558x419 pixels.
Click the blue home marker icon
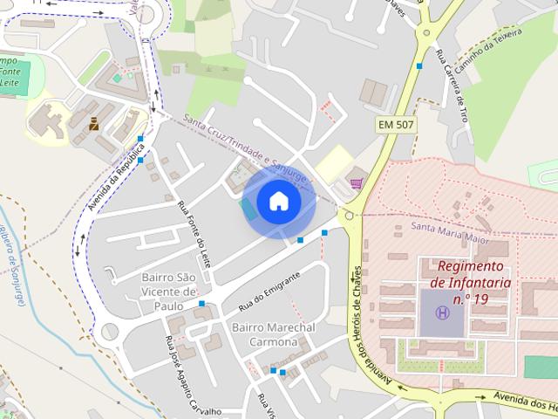(x=278, y=202)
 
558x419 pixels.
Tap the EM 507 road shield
(x=397, y=125)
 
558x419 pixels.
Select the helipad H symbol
(x=443, y=313)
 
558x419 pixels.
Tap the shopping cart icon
(x=357, y=182)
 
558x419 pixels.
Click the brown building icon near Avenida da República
(x=93, y=124)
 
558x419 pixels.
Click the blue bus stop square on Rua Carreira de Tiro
(x=419, y=65)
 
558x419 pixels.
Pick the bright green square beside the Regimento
(x=541, y=367)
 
